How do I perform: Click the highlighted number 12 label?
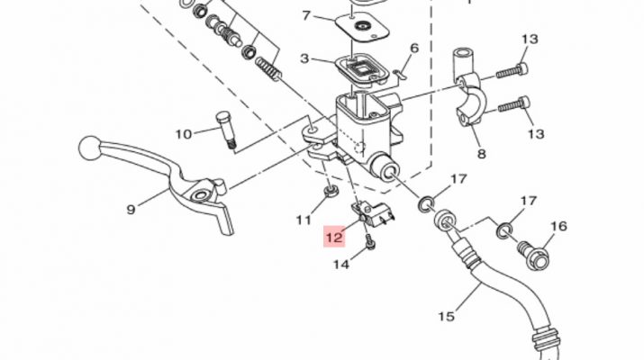(x=334, y=237)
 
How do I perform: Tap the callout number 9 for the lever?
(x=131, y=210)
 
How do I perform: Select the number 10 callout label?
(x=184, y=134)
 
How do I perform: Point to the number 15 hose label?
(x=446, y=317)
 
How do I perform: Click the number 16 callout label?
(x=558, y=226)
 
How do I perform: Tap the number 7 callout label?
(x=306, y=15)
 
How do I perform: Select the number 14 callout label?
(x=340, y=265)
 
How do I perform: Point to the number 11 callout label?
(x=304, y=220)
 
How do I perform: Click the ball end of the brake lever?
(x=89, y=148)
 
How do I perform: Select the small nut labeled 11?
(x=331, y=191)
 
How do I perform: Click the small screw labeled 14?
(x=369, y=241)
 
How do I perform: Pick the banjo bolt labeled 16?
(x=533, y=255)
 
